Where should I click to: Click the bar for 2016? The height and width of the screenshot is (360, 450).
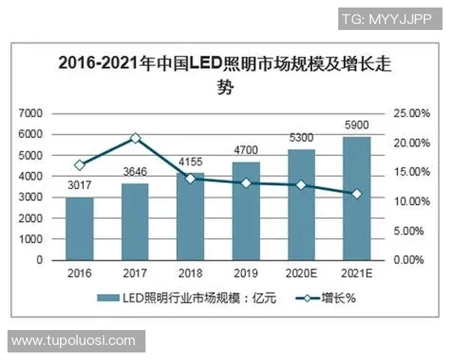point(79,229)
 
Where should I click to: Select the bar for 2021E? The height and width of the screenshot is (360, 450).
point(357,199)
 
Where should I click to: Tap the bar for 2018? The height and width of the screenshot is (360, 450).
point(190,217)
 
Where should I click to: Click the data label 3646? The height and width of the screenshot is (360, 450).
point(134,172)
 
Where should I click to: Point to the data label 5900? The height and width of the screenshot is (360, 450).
point(357,126)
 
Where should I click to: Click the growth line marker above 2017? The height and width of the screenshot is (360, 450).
point(135,138)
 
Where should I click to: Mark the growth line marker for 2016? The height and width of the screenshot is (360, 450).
point(79,165)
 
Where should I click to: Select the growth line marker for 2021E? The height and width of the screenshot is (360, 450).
point(357,194)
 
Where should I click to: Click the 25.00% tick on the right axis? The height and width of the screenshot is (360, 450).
point(410,113)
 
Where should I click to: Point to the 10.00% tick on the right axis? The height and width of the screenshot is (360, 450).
point(410,202)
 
